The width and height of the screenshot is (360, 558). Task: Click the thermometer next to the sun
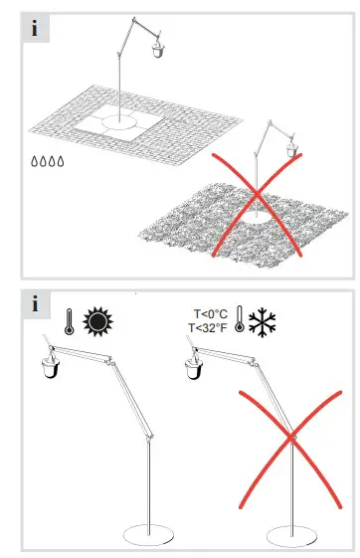coord(68,323)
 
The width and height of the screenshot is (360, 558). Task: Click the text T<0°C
coord(207,312)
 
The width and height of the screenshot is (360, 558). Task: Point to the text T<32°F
coord(207,329)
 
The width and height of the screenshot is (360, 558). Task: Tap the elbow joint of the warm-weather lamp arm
coord(151,434)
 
